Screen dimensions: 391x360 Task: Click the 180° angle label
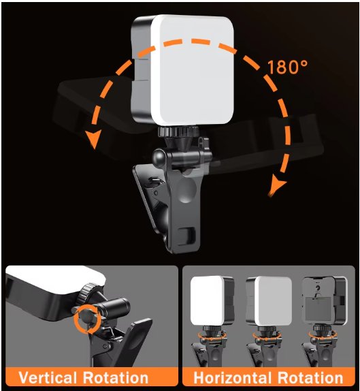(x=287, y=68)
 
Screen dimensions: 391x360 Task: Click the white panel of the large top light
(x=192, y=69)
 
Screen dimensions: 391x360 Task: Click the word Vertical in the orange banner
(x=51, y=378)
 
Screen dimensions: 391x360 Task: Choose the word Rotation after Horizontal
(x=314, y=378)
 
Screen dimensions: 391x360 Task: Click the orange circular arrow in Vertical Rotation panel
(x=86, y=319)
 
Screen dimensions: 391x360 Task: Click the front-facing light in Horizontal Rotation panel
(x=212, y=300)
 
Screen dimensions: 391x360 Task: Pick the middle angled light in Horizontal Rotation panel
(x=265, y=300)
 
